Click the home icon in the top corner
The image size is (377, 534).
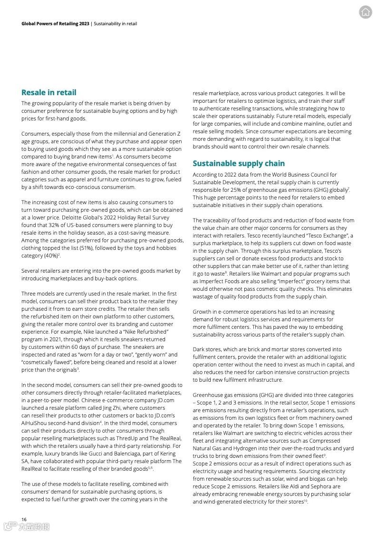tap(365, 12)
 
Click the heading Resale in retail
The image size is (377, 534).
tap(48, 92)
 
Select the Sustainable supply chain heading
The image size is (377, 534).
tap(239, 163)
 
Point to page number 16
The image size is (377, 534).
tap(24, 519)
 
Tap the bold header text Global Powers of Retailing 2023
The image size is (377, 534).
tap(55, 23)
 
